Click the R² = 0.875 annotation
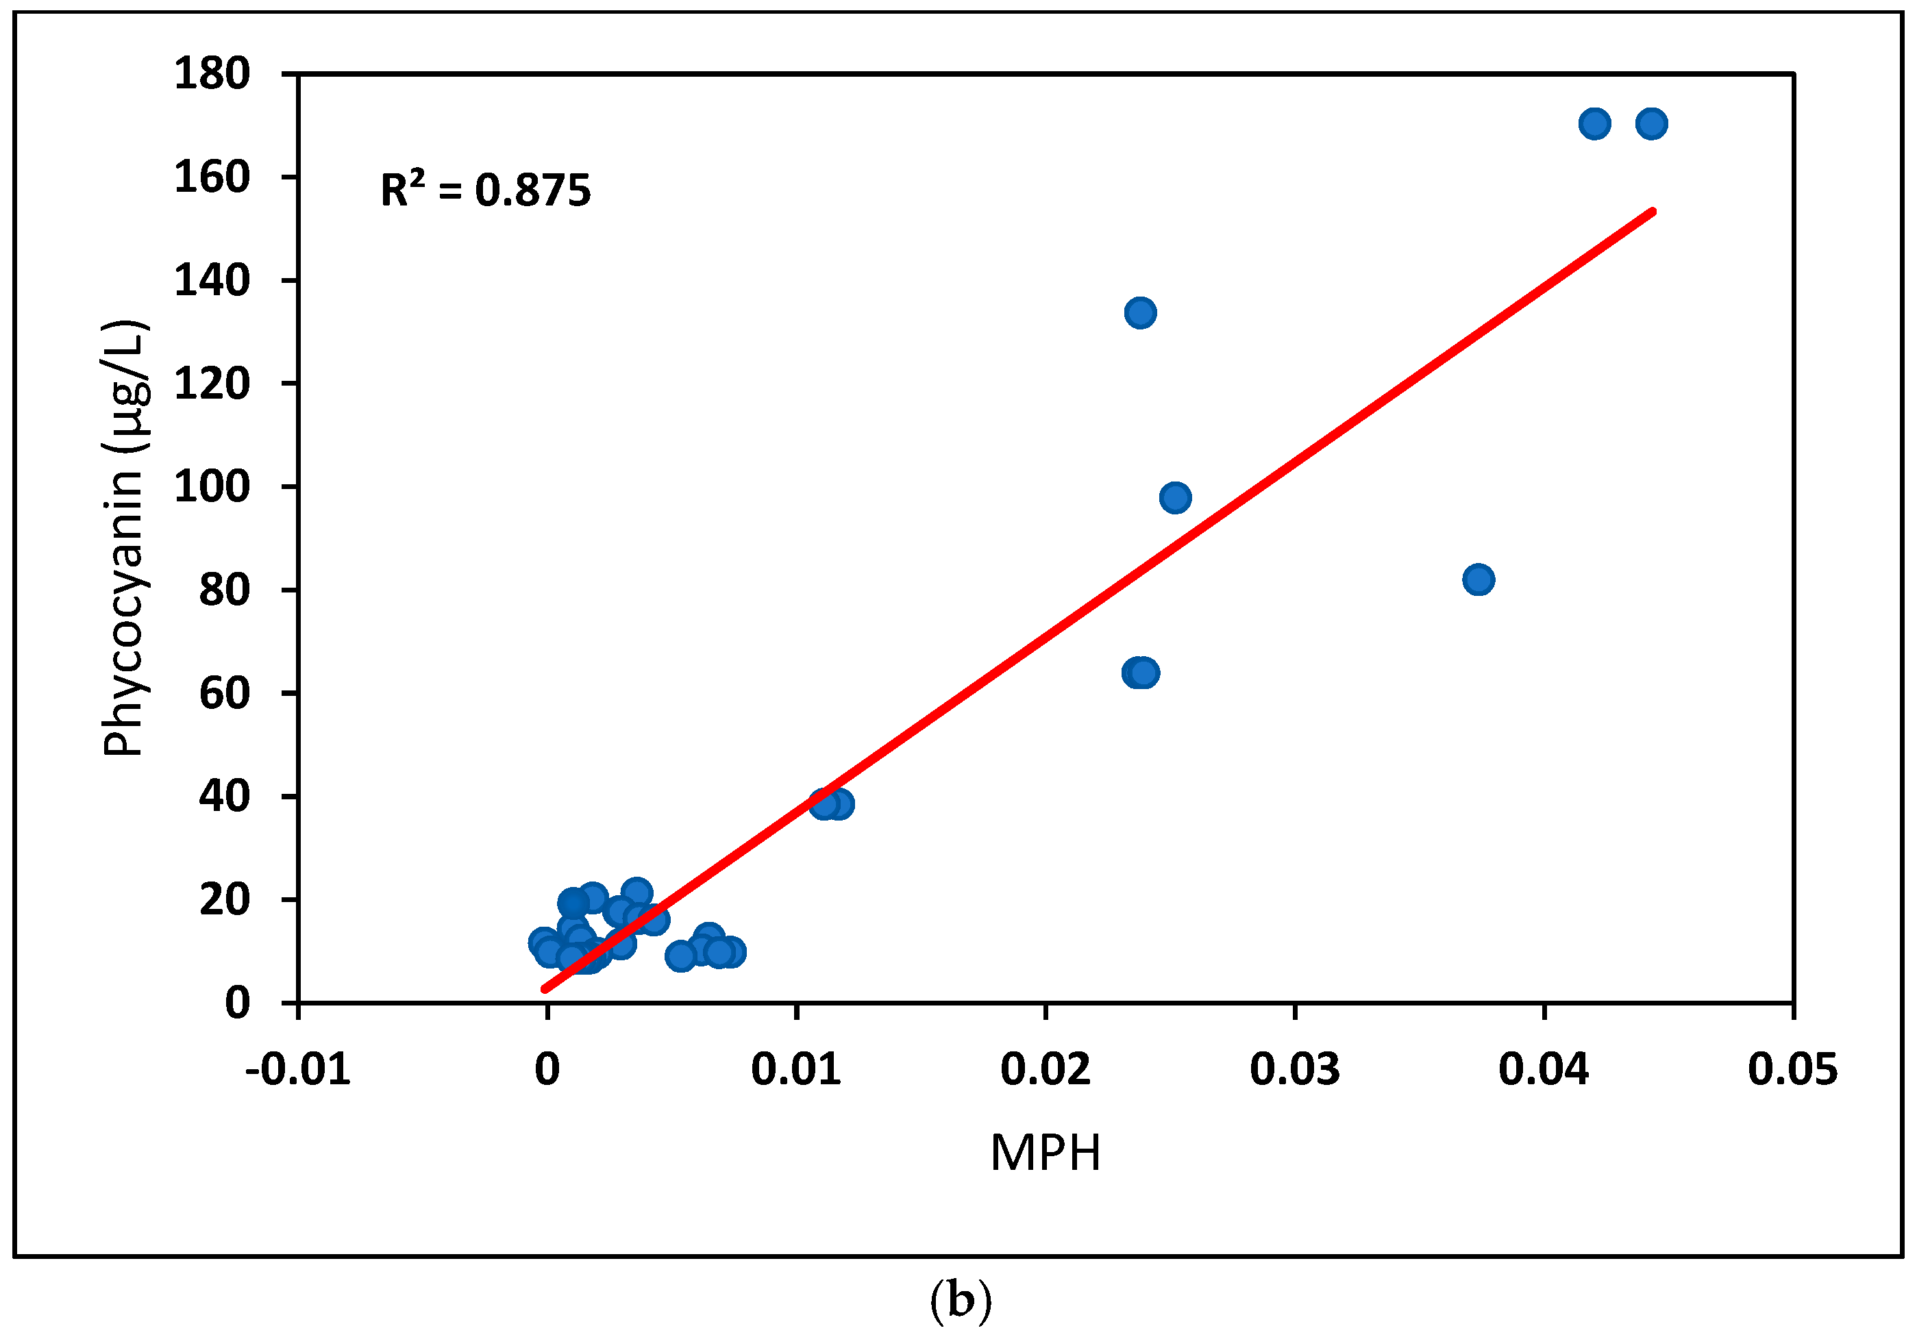click(x=485, y=190)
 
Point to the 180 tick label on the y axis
click(x=212, y=73)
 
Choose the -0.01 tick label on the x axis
click(x=298, y=1070)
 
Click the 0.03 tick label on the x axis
click(x=1295, y=1070)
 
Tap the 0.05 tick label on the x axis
click(x=1792, y=1070)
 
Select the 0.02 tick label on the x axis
click(x=1046, y=1070)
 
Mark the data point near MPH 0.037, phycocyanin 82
click(x=1479, y=579)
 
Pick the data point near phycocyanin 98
click(x=1176, y=498)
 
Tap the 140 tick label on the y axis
click(x=212, y=280)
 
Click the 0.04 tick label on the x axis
click(x=1544, y=1070)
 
